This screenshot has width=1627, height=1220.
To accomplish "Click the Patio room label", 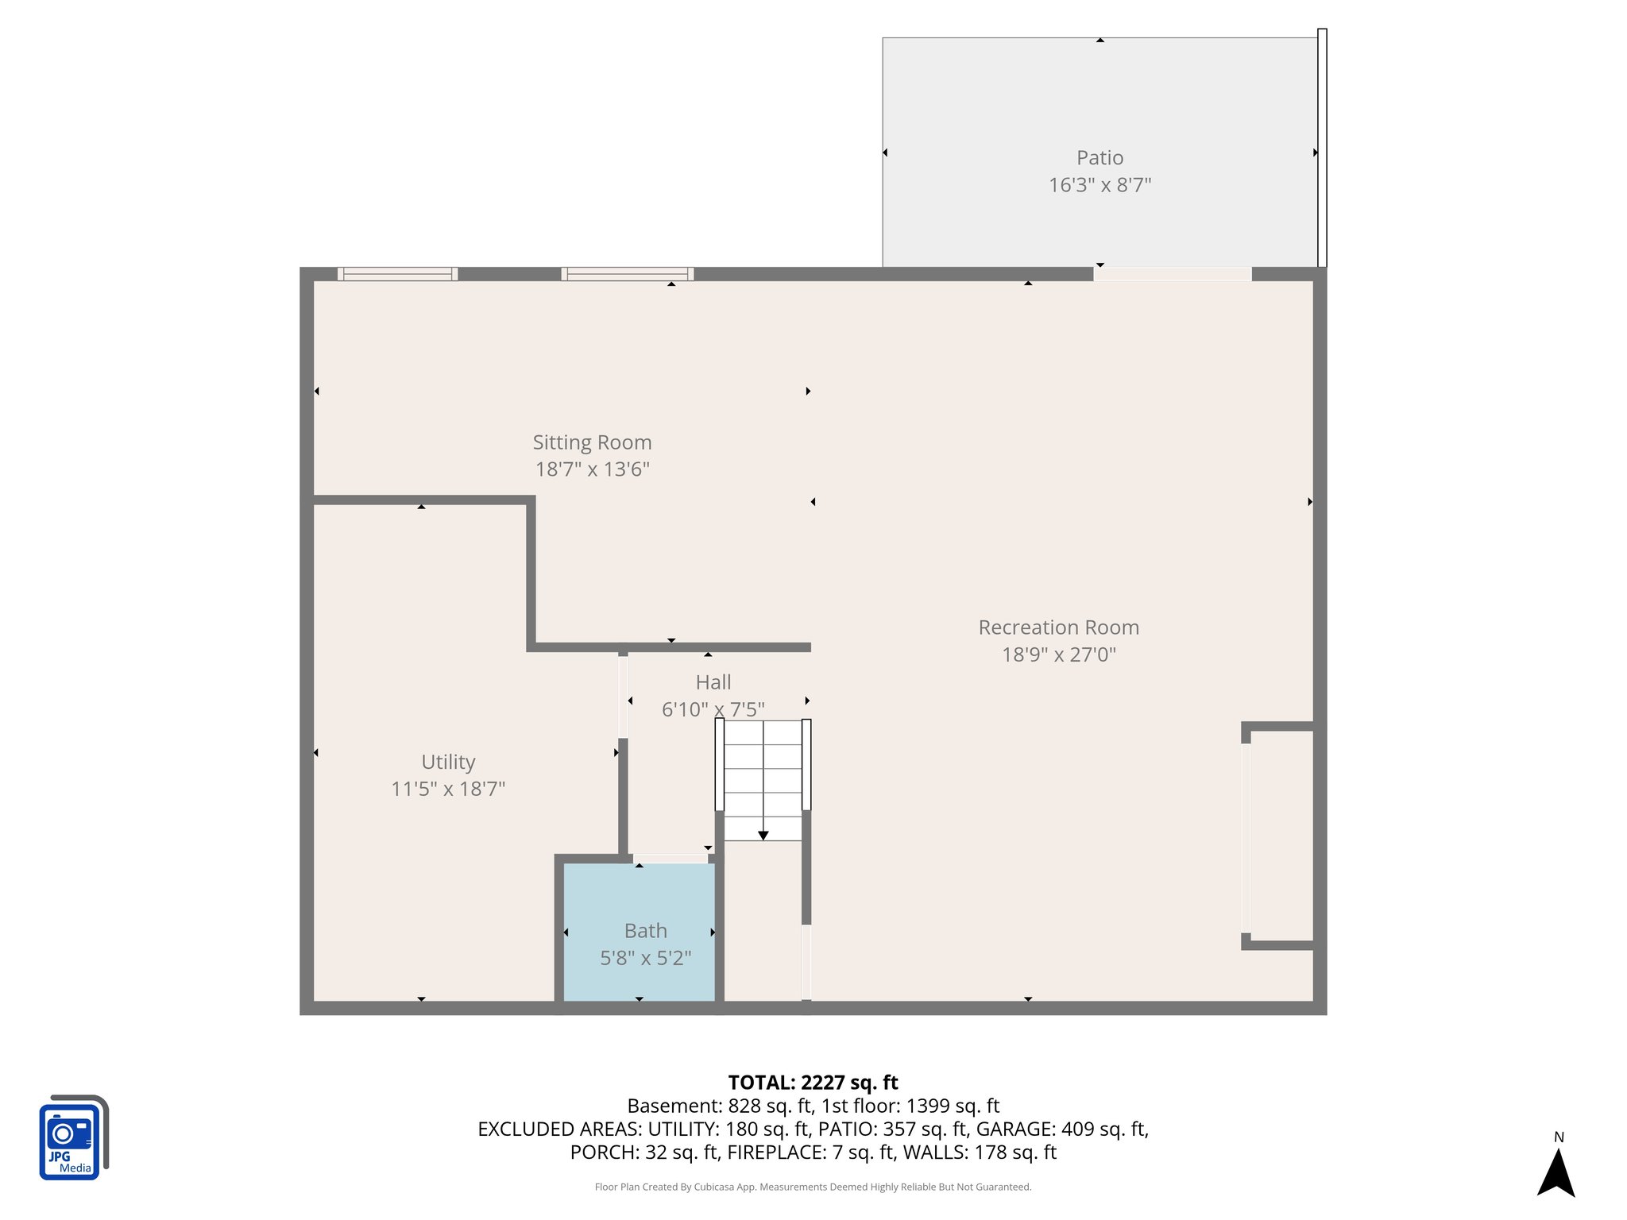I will [x=1099, y=158].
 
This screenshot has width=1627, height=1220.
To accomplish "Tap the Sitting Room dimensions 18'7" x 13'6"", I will [x=592, y=469].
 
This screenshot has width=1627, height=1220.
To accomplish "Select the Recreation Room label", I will [x=1058, y=627].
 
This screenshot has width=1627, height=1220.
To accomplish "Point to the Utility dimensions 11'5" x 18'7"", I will [x=448, y=789].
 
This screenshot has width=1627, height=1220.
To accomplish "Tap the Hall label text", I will [x=713, y=682].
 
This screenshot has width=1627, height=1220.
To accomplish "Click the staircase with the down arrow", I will [x=763, y=782].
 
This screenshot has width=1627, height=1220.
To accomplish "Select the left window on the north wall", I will [x=397, y=274].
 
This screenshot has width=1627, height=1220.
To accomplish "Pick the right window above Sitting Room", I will [x=628, y=274].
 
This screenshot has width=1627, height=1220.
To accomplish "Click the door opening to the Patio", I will [x=1172, y=274].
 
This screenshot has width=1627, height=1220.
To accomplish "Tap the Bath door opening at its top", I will [x=671, y=859].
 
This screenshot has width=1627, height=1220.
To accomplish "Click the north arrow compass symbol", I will [x=1556, y=1169].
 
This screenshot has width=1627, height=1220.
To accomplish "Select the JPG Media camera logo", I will [x=73, y=1137].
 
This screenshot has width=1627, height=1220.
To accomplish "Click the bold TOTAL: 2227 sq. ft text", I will [x=813, y=1083].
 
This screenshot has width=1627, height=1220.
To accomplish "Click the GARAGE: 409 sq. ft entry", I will [x=1061, y=1129].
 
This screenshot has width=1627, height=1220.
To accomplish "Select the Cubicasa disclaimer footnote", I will [x=813, y=1187].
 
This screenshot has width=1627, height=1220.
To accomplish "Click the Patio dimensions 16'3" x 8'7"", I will [x=1099, y=185].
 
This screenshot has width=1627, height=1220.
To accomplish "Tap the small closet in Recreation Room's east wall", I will [x=1279, y=836].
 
